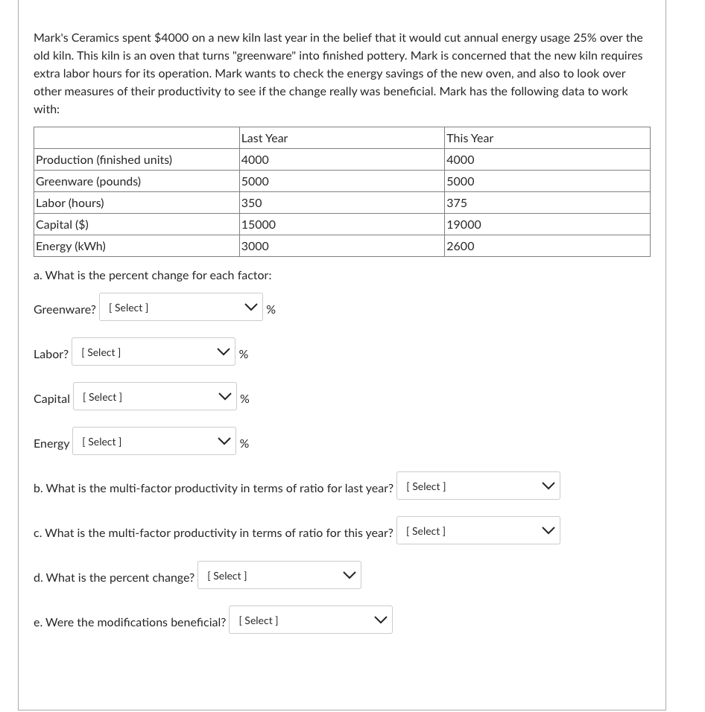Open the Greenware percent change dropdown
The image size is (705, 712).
point(181,308)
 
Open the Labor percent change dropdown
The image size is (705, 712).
point(154,352)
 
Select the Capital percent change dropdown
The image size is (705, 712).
point(154,397)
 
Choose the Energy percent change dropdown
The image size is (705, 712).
point(154,442)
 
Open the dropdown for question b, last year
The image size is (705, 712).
point(478,486)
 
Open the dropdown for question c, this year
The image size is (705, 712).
point(478,531)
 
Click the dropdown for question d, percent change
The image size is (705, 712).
point(279,576)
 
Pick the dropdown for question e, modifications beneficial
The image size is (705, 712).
point(311,620)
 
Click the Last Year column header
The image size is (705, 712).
point(265,139)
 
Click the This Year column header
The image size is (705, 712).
point(470,139)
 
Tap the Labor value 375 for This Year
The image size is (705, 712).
point(457,203)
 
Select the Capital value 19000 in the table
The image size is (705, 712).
point(464,224)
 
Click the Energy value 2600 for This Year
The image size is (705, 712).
point(461,246)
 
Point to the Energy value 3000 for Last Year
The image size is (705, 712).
point(255,246)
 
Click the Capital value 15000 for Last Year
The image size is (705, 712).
point(259,224)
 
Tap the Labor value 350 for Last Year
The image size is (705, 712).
point(252,203)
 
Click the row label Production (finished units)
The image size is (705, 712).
point(104,160)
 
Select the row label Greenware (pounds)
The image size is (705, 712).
point(88,182)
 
